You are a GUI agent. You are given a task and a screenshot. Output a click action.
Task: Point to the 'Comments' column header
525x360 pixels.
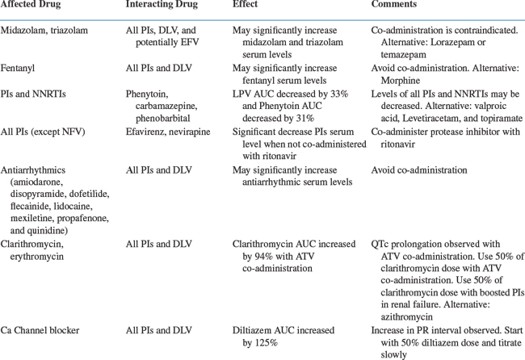coord(394,5)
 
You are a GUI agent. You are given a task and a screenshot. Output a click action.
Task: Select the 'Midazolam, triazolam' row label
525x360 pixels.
coord(44,30)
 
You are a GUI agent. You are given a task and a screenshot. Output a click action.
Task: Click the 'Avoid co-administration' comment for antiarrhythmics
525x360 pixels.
coord(418,170)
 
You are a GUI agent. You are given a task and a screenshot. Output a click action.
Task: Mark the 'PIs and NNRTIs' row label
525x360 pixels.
coord(33,94)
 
